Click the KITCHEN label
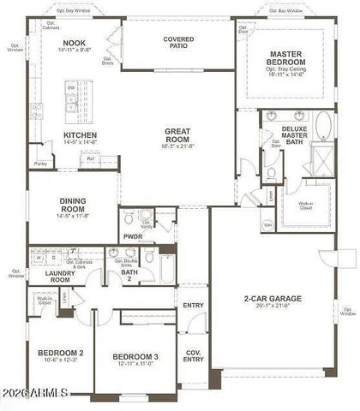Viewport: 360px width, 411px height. (x=80, y=134)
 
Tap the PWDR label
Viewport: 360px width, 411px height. (x=133, y=236)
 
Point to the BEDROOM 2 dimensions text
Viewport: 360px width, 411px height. (x=59, y=360)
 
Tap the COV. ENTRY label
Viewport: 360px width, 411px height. (x=194, y=354)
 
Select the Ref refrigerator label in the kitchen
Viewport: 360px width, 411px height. (x=90, y=158)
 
